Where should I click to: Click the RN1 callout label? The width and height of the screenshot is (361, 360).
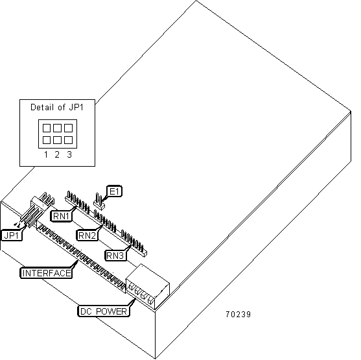61,216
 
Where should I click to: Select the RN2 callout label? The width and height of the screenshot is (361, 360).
87,235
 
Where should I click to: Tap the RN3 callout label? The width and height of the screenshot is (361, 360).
115,256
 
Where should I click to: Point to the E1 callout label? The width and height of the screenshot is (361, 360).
115,191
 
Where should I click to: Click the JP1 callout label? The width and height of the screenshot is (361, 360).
12,235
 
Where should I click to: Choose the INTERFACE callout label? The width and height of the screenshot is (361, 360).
46,273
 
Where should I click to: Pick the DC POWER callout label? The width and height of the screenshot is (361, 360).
103,311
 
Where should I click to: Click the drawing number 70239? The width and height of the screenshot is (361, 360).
238,315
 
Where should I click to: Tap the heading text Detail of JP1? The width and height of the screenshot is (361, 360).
57,108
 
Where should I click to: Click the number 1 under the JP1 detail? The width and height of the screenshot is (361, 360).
46,154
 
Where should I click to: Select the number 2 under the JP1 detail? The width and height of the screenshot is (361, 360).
57,154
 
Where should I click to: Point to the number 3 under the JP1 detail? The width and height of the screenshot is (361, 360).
69,154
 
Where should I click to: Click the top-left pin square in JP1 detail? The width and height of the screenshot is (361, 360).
47,128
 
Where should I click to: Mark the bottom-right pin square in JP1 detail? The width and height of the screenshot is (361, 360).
69,140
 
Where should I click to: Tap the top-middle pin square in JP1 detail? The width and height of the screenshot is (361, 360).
57,128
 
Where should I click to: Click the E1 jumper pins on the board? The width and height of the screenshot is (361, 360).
99,202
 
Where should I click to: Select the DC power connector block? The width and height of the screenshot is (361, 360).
148,287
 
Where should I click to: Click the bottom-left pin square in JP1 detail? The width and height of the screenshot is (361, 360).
47,140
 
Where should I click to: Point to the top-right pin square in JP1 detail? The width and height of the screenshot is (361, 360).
69,128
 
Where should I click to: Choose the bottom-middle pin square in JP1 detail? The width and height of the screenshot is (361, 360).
57,140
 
